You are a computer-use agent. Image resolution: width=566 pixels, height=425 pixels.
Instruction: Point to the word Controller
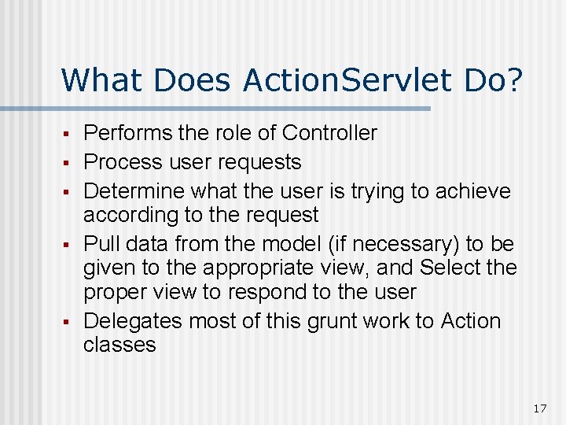pyautogui.click(x=329, y=133)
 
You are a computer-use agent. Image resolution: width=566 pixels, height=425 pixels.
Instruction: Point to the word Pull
pyautogui.click(x=99, y=244)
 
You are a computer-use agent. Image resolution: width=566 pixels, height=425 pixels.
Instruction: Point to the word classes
pyautogui.click(x=119, y=345)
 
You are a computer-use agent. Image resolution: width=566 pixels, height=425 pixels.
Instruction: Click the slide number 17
pyautogui.click(x=539, y=408)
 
